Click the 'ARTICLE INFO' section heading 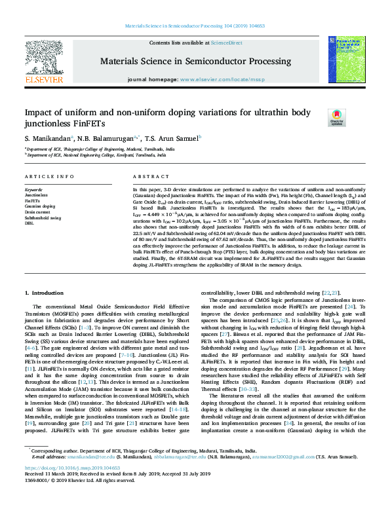(x=50, y=177)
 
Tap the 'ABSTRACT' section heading (x=148, y=177)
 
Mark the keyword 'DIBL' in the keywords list (x=29, y=223)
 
